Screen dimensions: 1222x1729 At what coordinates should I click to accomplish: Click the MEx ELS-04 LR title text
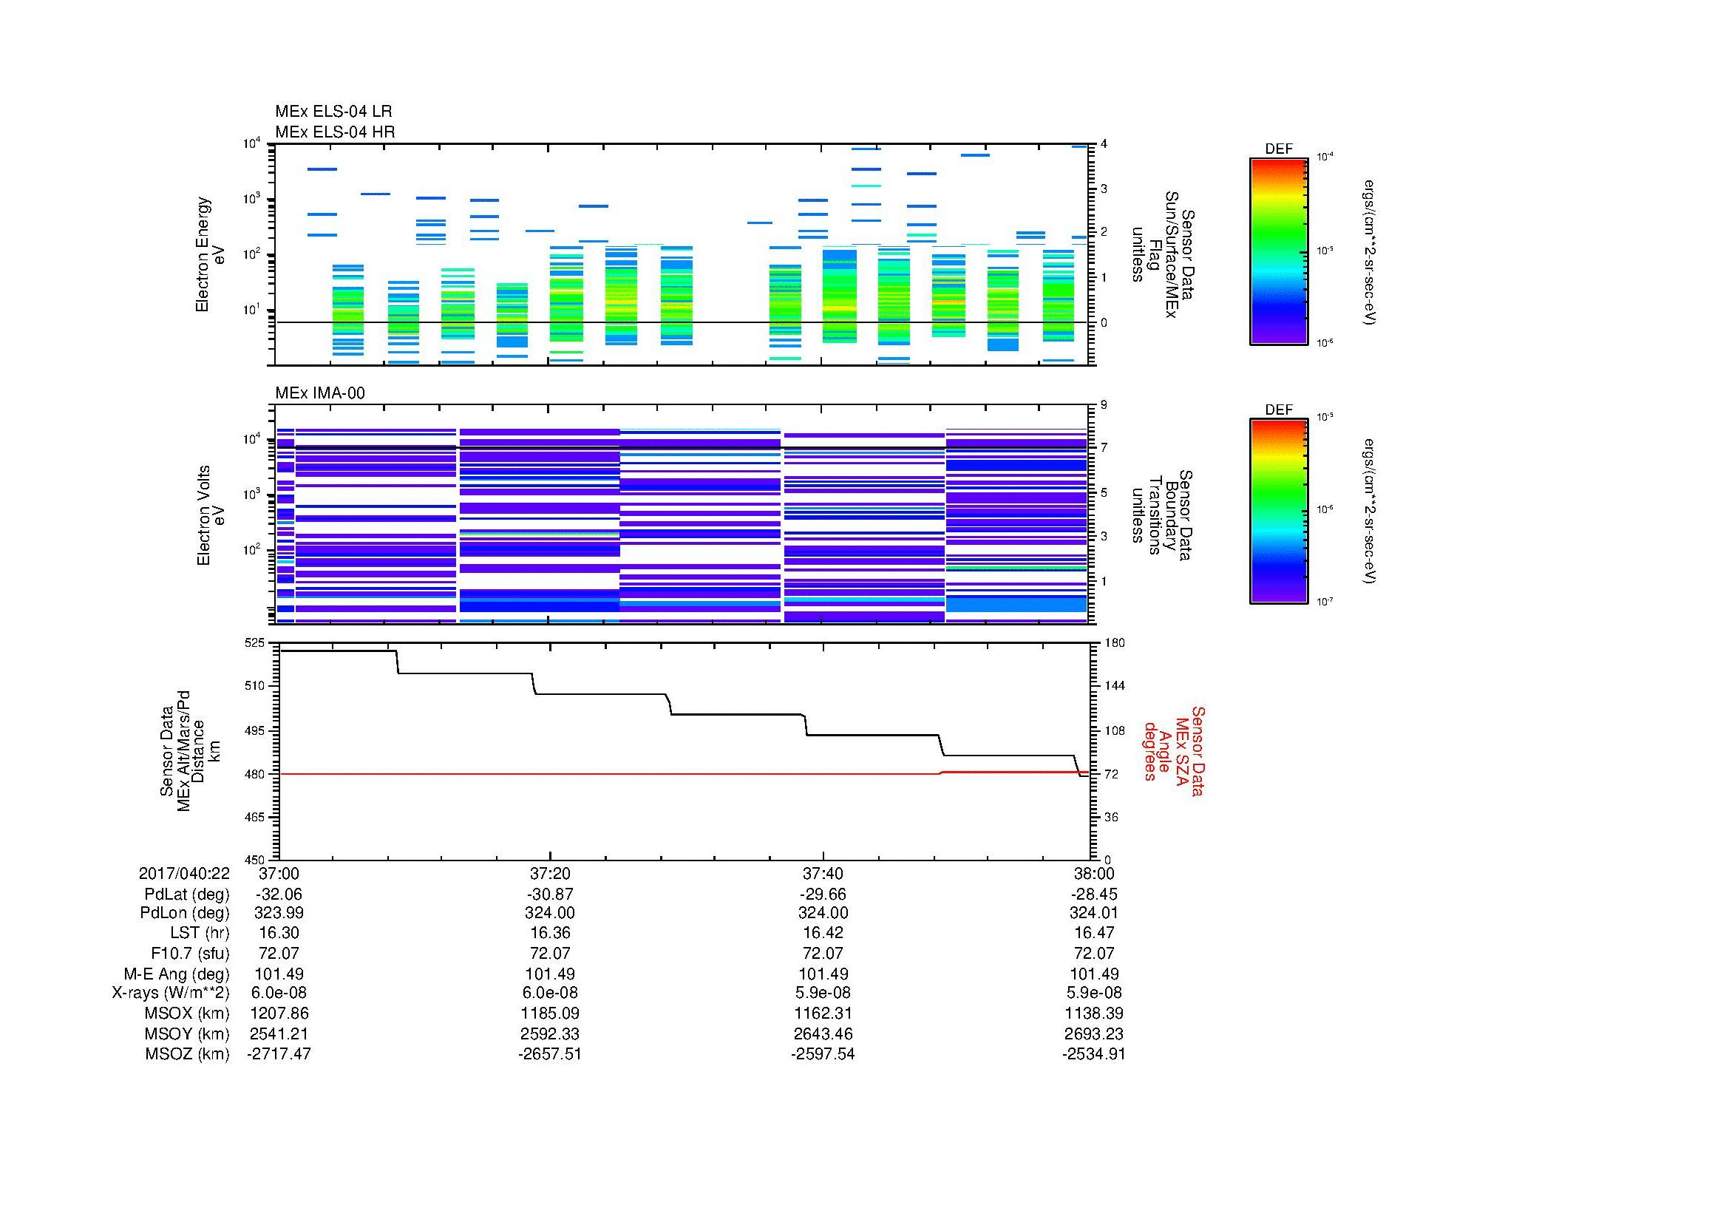[333, 112]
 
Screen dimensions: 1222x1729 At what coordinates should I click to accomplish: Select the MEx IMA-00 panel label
[319, 393]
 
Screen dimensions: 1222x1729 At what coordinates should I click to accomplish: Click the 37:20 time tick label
[550, 873]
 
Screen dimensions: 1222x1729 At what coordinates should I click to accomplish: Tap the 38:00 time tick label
[1093, 873]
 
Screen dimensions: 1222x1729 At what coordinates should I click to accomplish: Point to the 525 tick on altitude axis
[255, 643]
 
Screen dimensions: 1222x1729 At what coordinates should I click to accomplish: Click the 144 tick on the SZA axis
[1113, 686]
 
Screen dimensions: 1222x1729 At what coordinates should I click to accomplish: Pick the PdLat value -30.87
[550, 894]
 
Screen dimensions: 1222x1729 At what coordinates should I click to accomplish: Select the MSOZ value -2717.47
[279, 1053]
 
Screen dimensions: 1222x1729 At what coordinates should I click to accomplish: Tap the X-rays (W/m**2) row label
[171, 993]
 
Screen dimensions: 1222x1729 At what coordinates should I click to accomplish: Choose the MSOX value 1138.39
[1093, 1014]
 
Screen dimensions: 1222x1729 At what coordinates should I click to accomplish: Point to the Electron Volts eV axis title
[211, 516]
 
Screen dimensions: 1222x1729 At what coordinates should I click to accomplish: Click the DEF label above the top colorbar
[1278, 149]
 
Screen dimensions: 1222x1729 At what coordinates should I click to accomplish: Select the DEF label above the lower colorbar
[1278, 410]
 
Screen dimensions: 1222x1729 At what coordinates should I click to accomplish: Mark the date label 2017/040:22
[184, 873]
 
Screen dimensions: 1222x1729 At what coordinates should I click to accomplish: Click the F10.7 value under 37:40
[822, 953]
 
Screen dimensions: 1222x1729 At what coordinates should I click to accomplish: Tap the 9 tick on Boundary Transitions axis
[1104, 405]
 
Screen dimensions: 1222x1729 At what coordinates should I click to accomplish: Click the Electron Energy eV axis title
[211, 254]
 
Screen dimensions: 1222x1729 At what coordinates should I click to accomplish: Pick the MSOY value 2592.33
[550, 1033]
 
